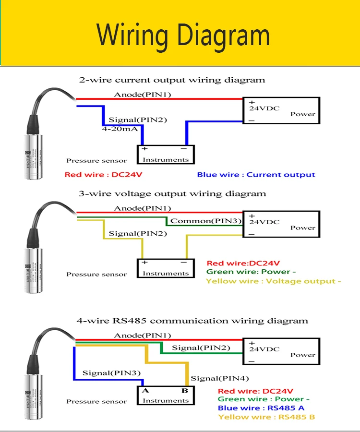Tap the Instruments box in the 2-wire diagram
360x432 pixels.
click(166, 155)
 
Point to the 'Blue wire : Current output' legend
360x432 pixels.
click(256, 175)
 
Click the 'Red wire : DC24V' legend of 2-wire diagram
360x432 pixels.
click(103, 175)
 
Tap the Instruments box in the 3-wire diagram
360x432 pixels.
click(166, 268)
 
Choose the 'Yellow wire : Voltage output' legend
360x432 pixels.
click(273, 281)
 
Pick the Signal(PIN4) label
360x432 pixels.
click(220, 378)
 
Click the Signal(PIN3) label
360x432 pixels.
click(111, 373)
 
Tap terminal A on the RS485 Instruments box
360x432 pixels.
click(145, 391)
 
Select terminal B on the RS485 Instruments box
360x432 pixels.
click(184, 391)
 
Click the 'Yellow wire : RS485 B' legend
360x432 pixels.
click(266, 417)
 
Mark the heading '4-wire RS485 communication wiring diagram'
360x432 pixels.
click(192, 321)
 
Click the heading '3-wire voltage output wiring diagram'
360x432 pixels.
click(172, 194)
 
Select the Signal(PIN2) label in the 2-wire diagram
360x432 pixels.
click(138, 120)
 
